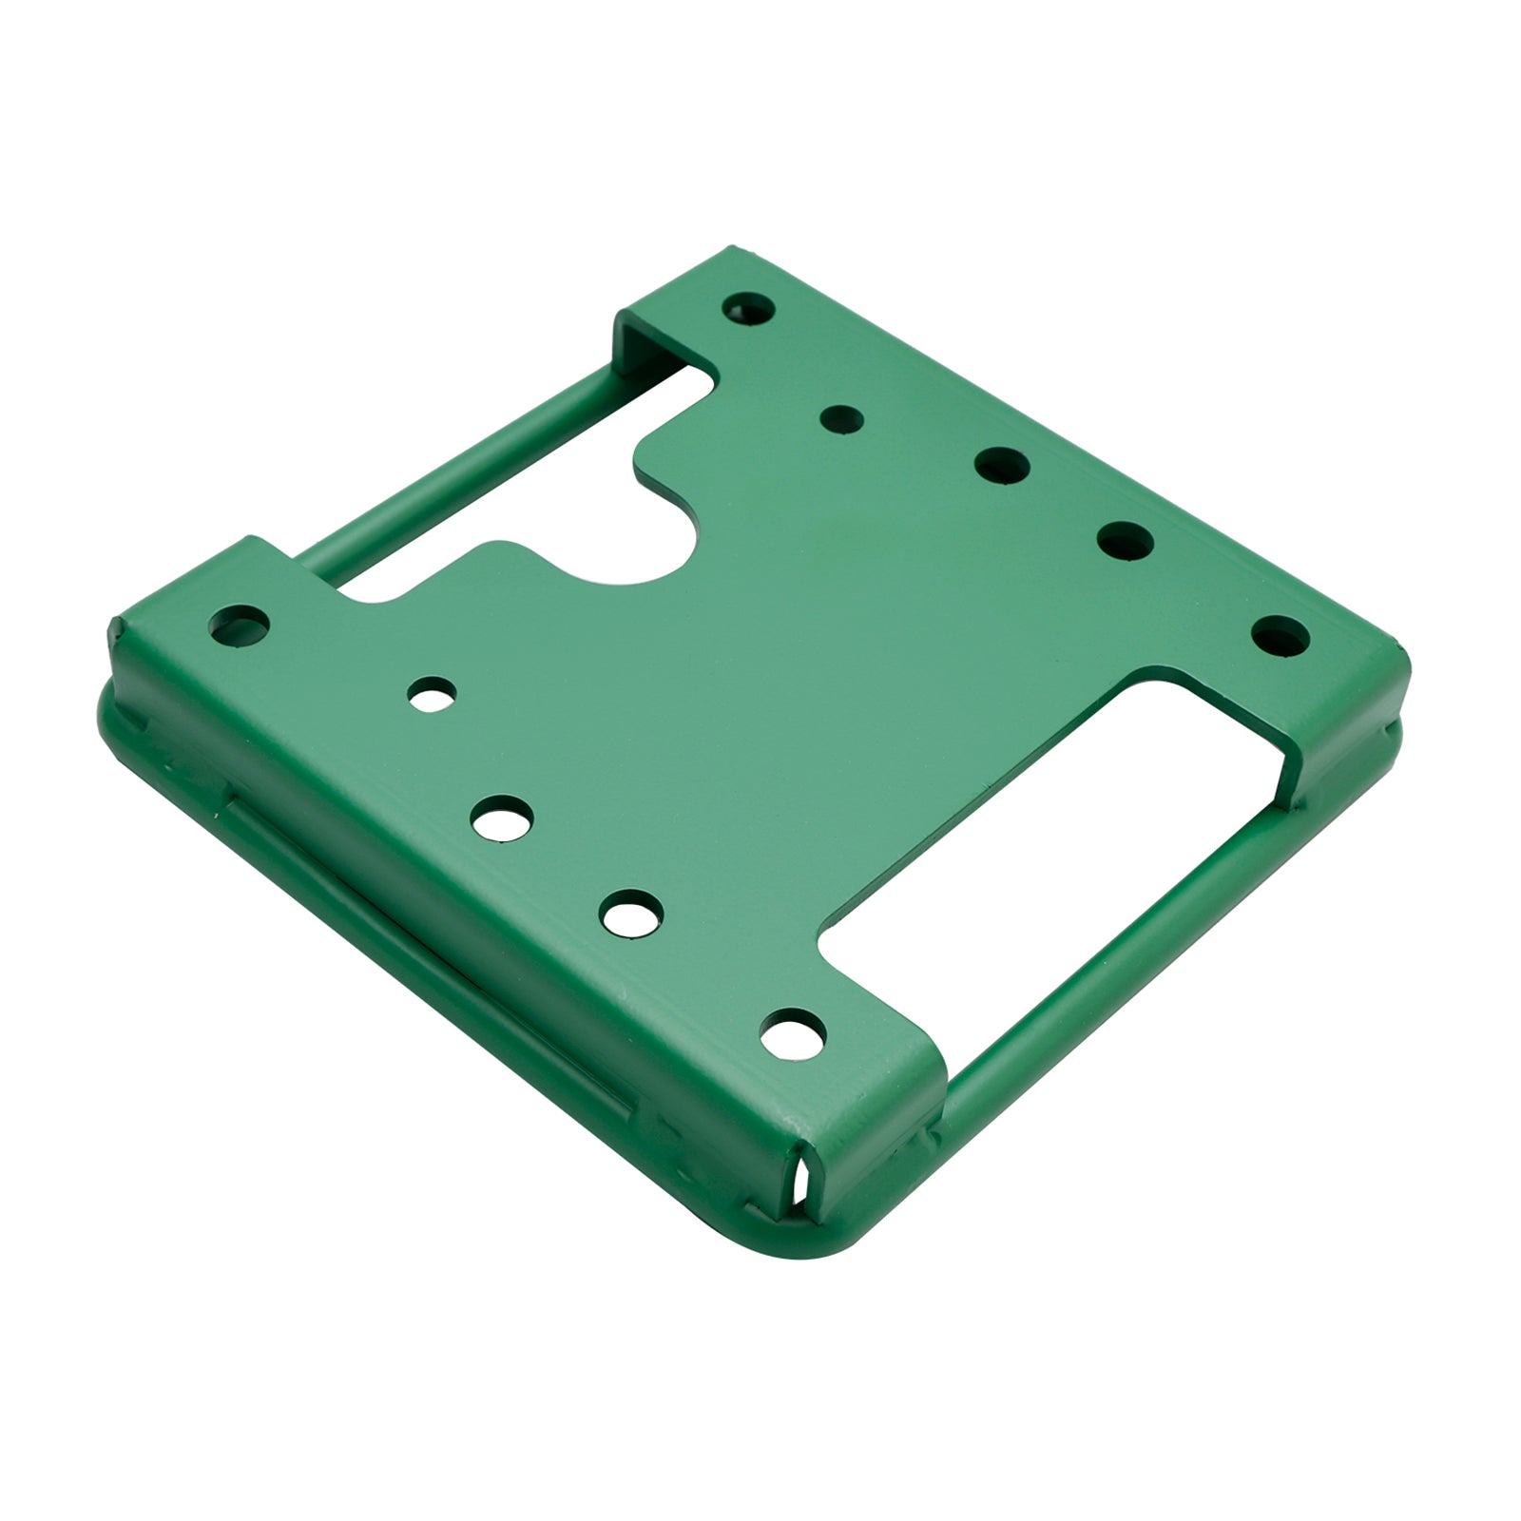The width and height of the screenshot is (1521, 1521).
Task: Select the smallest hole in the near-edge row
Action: click(433, 694)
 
